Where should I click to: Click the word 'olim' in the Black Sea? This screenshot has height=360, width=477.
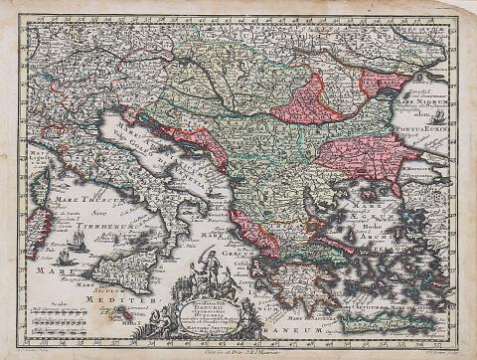tap(436, 114)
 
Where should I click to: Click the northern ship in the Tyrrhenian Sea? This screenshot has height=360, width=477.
tap(78, 240)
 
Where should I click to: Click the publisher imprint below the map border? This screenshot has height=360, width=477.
tap(238, 349)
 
